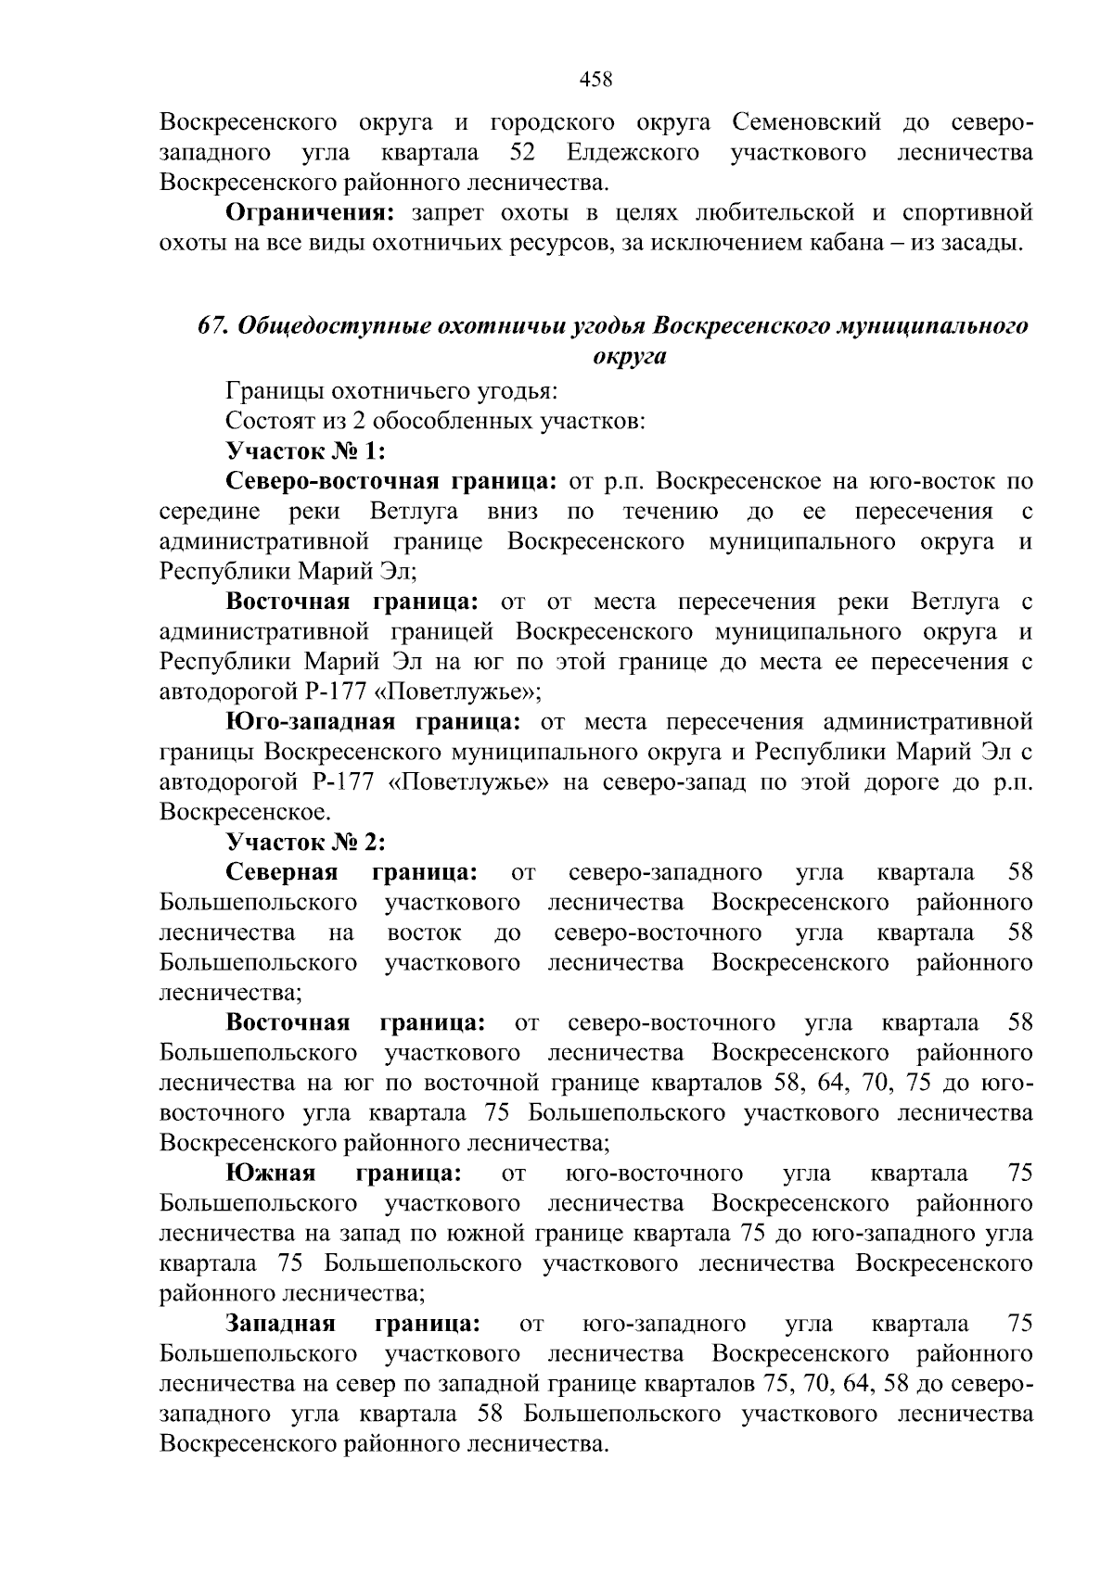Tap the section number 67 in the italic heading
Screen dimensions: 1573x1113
coord(212,326)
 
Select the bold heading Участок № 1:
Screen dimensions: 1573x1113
coord(305,451)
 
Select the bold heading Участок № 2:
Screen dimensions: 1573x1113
coord(305,843)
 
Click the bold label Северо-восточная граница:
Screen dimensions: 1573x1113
coord(390,481)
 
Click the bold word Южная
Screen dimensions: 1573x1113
coord(271,1173)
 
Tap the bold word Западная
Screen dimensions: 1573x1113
coord(281,1324)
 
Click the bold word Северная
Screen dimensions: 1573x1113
coord(281,872)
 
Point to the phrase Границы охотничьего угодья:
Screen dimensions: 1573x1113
coord(391,391)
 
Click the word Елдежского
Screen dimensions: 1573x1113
coord(633,152)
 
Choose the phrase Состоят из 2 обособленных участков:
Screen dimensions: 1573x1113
coord(435,421)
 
